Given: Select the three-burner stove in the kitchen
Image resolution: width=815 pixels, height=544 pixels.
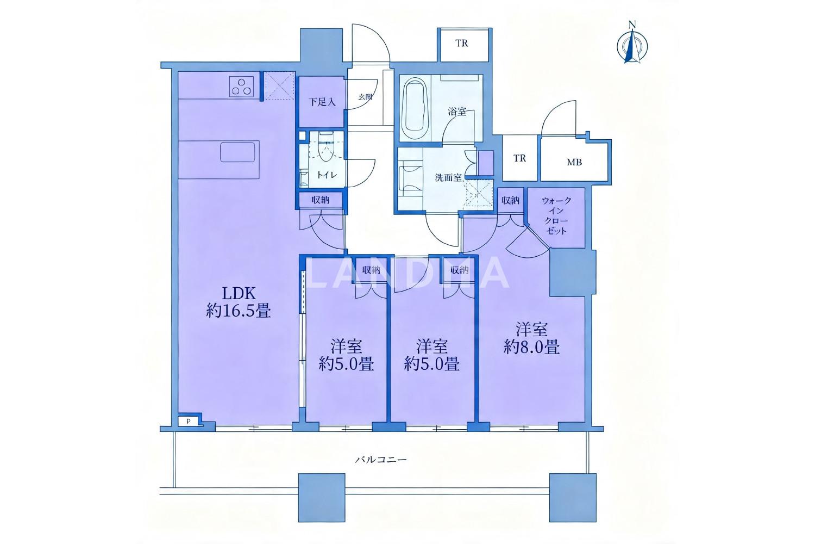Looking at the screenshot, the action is pyautogui.click(x=241, y=87).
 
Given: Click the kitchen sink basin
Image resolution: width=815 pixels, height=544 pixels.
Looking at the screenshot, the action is pyautogui.click(x=237, y=152).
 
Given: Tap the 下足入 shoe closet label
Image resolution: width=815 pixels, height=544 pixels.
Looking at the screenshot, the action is pyautogui.click(x=322, y=102).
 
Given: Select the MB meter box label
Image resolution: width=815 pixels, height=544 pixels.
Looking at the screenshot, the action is pyautogui.click(x=574, y=162).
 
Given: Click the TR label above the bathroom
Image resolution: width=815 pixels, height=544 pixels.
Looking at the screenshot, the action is pyautogui.click(x=461, y=44).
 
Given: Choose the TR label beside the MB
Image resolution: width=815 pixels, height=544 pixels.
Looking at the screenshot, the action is pyautogui.click(x=519, y=158).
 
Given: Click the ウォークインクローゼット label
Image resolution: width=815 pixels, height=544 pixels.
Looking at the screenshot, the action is pyautogui.click(x=556, y=216).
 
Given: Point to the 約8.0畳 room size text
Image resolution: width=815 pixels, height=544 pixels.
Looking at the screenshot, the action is pyautogui.click(x=531, y=348).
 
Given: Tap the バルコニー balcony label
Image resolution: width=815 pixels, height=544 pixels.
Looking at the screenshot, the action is pyautogui.click(x=380, y=460).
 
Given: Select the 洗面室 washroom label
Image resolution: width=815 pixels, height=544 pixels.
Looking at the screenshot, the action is pyautogui.click(x=448, y=178).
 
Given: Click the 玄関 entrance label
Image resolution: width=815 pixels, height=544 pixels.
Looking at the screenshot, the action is pyautogui.click(x=365, y=97).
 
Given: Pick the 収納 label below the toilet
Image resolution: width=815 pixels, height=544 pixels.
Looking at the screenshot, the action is pyautogui.click(x=321, y=200).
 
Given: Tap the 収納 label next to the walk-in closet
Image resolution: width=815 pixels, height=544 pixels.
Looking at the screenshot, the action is pyautogui.click(x=510, y=200).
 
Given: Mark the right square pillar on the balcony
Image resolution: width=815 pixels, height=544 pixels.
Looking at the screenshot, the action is pyautogui.click(x=573, y=498).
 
